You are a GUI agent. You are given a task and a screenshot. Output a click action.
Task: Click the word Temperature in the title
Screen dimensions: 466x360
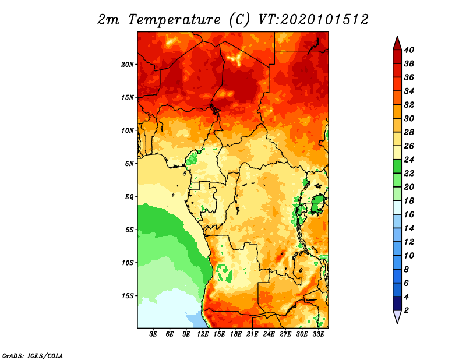pyautogui.click(x=174, y=20)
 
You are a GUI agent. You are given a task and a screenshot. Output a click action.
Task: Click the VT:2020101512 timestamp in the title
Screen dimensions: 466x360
pyautogui.click(x=313, y=19)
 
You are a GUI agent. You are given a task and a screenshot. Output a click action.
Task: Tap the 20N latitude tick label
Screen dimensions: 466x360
pyautogui.click(x=127, y=65)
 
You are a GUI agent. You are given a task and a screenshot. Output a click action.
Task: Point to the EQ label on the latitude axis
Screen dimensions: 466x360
pyautogui.click(x=129, y=197)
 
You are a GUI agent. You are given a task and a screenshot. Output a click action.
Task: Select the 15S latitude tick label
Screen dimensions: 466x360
pyautogui.click(x=127, y=296)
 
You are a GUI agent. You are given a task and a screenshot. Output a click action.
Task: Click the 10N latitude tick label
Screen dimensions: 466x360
pyautogui.click(x=127, y=130)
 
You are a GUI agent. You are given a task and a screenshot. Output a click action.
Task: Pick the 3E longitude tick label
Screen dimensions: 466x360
pyautogui.click(x=153, y=334)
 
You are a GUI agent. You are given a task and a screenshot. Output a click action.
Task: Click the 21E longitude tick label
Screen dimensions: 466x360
pyautogui.click(x=252, y=334)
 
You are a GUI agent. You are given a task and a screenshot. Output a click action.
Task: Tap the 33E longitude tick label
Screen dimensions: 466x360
pyautogui.click(x=318, y=334)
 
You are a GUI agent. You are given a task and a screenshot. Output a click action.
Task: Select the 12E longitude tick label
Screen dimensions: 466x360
pyautogui.click(x=203, y=334)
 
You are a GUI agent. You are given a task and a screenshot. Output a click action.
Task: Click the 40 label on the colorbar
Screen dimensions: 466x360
pyautogui.click(x=409, y=50)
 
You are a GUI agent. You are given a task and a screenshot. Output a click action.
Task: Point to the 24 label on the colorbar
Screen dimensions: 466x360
pyautogui.click(x=409, y=160)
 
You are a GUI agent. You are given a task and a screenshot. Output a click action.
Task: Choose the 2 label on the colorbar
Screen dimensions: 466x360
pyautogui.click(x=407, y=310)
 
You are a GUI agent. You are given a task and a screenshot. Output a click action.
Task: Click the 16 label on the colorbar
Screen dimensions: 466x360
pyautogui.click(x=409, y=214)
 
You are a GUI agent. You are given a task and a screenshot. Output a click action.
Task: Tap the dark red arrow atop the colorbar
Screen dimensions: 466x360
pyautogui.click(x=397, y=43)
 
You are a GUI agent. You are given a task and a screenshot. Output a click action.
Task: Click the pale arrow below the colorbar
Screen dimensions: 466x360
pyautogui.click(x=397, y=317)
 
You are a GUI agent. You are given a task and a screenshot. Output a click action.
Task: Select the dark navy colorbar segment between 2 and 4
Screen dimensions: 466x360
pyautogui.click(x=397, y=303)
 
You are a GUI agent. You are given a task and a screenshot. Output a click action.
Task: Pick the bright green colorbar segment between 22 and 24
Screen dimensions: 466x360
pyautogui.click(x=397, y=167)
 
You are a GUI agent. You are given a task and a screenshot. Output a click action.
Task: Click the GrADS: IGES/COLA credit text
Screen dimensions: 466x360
pyautogui.click(x=33, y=355)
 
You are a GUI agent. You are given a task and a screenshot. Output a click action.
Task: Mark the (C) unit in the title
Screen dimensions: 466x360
pyautogui.click(x=239, y=20)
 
